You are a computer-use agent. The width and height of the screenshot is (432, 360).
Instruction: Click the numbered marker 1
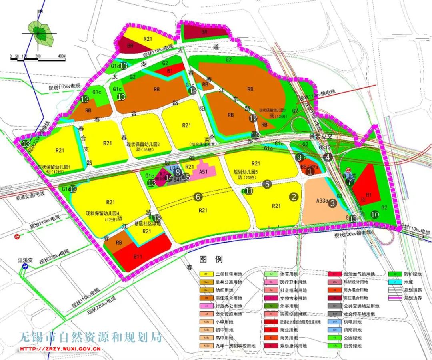(x=309, y=171)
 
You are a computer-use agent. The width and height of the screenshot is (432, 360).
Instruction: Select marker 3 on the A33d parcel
(x=332, y=203)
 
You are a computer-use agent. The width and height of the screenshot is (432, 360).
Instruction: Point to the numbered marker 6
(x=197, y=197)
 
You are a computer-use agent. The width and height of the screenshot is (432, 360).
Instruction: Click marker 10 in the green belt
(x=375, y=215)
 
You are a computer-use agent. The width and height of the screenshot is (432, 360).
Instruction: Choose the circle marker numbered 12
(x=253, y=118)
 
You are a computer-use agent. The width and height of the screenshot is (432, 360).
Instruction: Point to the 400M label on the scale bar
(x=61, y=56)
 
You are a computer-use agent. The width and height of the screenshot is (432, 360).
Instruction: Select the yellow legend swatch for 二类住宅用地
(x=206, y=274)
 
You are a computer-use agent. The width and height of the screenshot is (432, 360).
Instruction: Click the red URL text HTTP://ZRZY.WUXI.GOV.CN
(x=60, y=348)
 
